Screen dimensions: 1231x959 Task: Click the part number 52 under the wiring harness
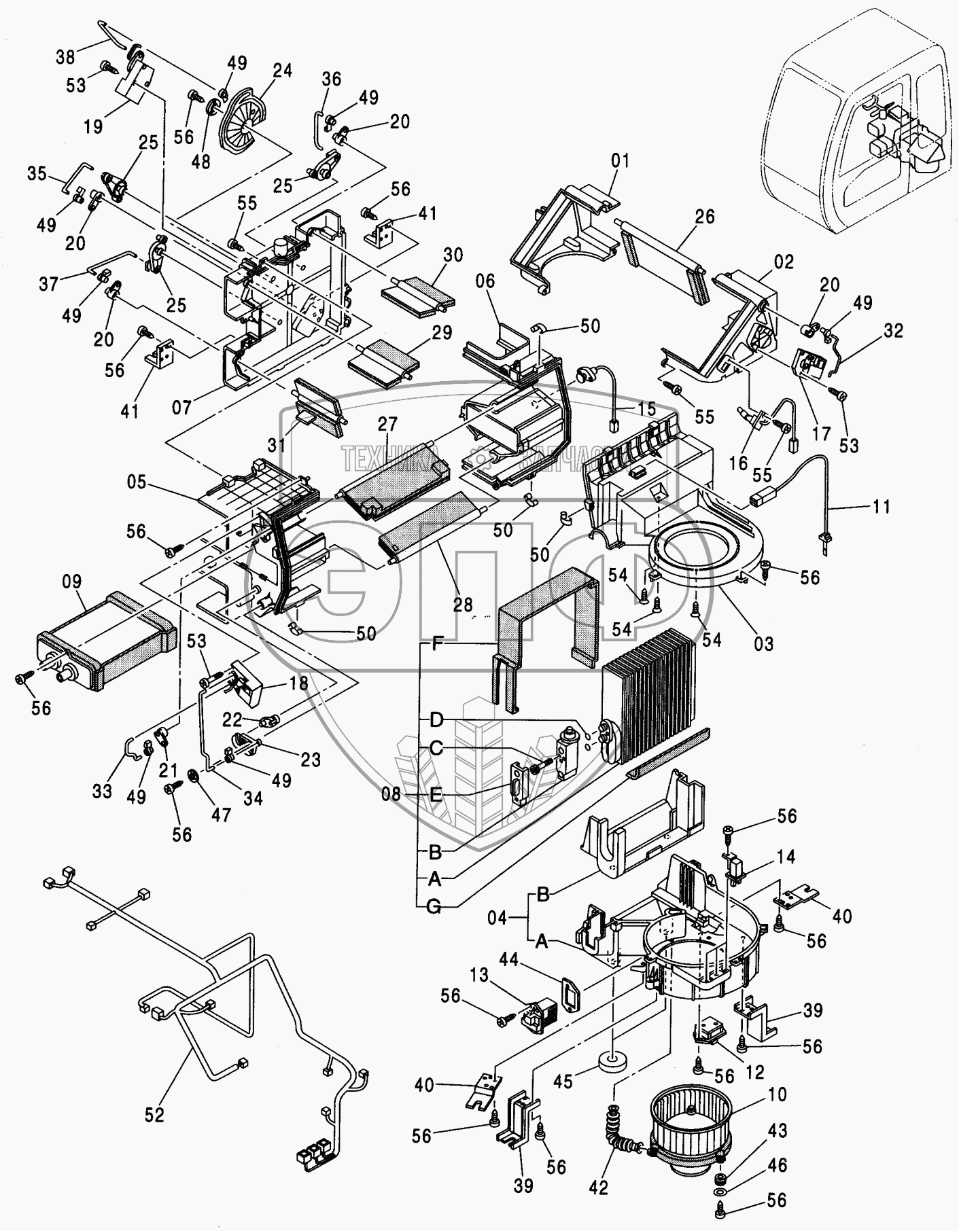[x=154, y=1115]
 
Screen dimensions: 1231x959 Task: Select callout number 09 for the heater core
[x=71, y=582]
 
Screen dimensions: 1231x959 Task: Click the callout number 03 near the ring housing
[x=764, y=643]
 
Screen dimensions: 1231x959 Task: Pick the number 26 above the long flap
[x=705, y=217]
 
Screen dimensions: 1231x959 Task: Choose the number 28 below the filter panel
[x=462, y=605]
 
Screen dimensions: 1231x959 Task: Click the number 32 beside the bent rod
[x=894, y=331]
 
